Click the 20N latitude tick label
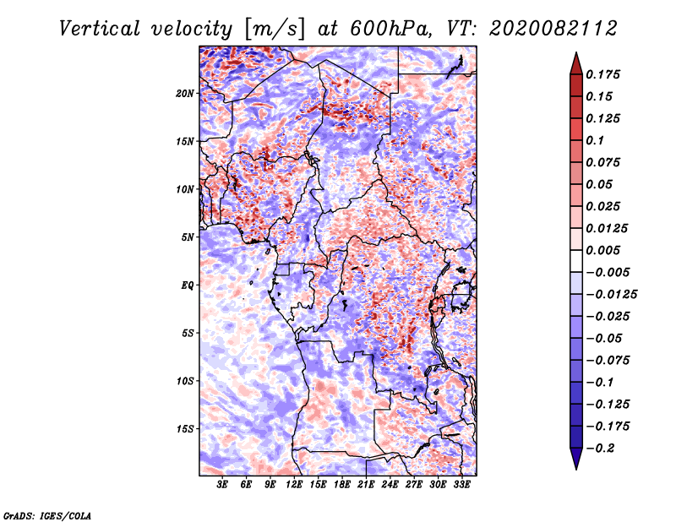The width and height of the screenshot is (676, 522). coord(186,93)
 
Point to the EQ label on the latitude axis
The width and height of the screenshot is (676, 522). coord(188,285)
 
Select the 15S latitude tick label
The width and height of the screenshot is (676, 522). coord(186,429)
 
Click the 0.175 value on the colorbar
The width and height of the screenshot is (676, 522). coord(604,74)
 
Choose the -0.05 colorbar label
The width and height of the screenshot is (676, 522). coord(604,339)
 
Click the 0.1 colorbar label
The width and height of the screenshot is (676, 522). coord(597,140)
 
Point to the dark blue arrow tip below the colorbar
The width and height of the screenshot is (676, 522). coord(575,461)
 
